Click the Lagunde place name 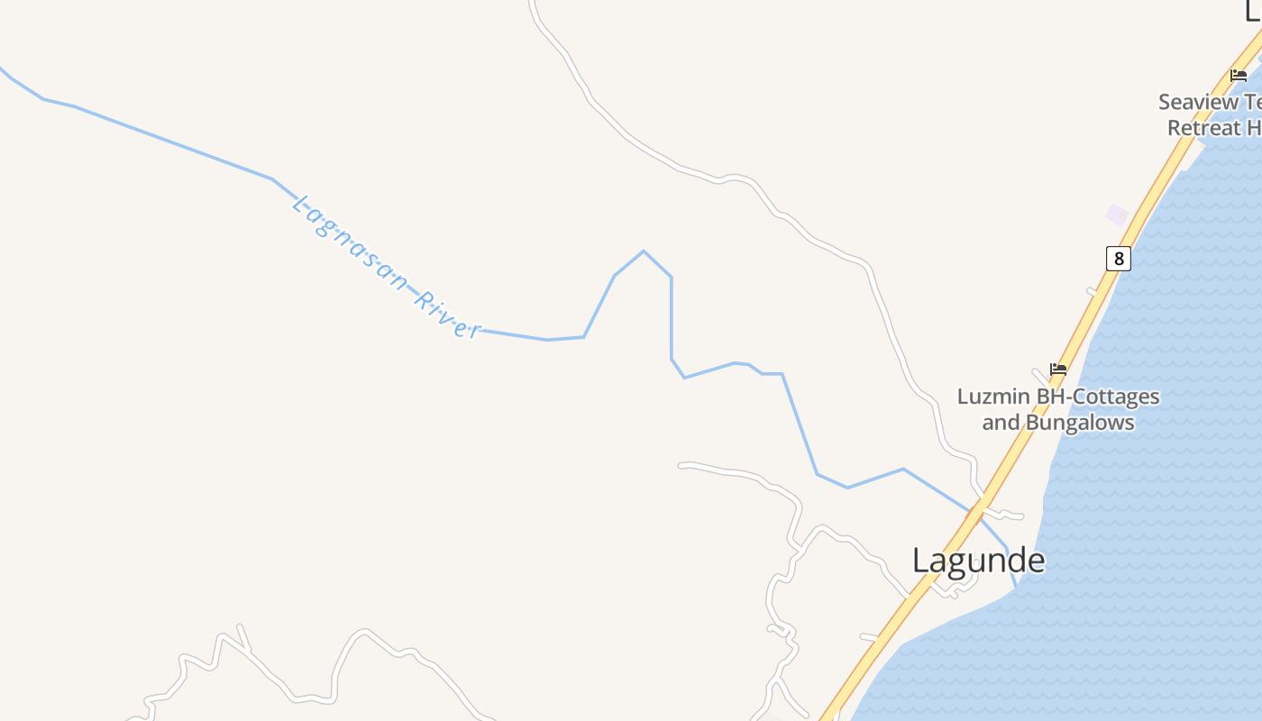tap(978, 560)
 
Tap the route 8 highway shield tap(1118, 259)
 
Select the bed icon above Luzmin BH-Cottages tap(1058, 369)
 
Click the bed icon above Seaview tap(1239, 76)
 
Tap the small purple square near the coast tap(1117, 214)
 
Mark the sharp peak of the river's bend tap(644, 251)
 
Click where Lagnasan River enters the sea tap(1016, 587)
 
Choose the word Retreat tap(1204, 128)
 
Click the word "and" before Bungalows tap(999, 422)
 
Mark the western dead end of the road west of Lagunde tap(681, 466)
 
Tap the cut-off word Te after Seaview tap(1253, 102)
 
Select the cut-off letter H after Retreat tap(1254, 128)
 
